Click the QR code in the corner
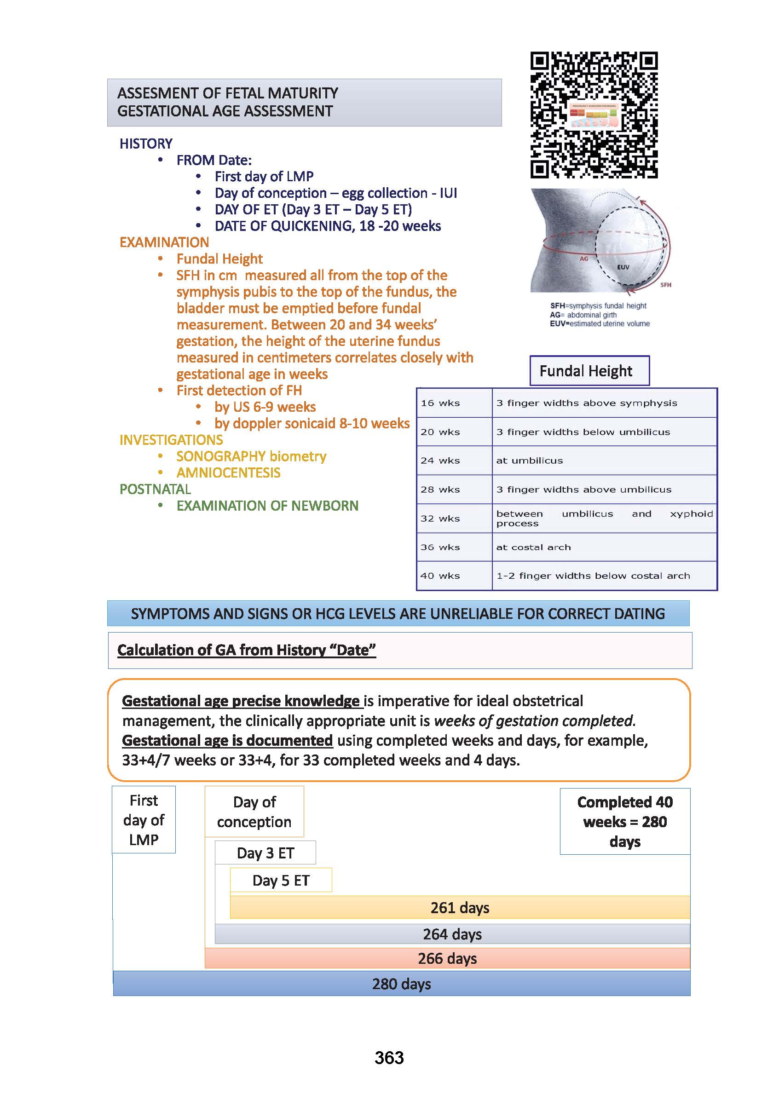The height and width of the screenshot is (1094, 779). coord(594,115)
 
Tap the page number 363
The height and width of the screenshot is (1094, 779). coord(389,1058)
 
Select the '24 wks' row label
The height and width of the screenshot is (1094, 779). coord(440,461)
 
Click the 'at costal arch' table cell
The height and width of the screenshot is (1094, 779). coord(533,547)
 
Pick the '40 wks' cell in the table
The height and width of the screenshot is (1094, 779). coord(440,576)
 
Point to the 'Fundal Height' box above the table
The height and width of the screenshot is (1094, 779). coord(589,371)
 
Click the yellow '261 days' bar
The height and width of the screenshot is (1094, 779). coord(460,907)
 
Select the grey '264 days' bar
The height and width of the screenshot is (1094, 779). coord(452,934)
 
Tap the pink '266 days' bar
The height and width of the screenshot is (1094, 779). coord(447,958)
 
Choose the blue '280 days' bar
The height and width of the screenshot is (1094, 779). coord(402,984)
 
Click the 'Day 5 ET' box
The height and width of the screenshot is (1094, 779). coord(281,880)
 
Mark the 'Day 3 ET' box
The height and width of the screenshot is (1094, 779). coord(265,853)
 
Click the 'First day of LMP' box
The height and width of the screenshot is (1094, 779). coord(144,820)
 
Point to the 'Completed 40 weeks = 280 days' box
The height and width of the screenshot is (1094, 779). coord(624,822)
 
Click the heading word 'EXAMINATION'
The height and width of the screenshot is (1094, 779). coord(164,242)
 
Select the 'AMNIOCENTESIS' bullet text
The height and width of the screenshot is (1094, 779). coord(228,473)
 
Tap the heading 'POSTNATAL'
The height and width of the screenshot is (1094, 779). coord(155,489)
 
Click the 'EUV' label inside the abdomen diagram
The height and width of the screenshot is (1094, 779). coord(623,267)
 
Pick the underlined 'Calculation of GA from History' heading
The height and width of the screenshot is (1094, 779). coord(246,650)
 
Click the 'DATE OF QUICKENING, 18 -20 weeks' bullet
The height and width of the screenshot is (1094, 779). coord(328,226)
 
